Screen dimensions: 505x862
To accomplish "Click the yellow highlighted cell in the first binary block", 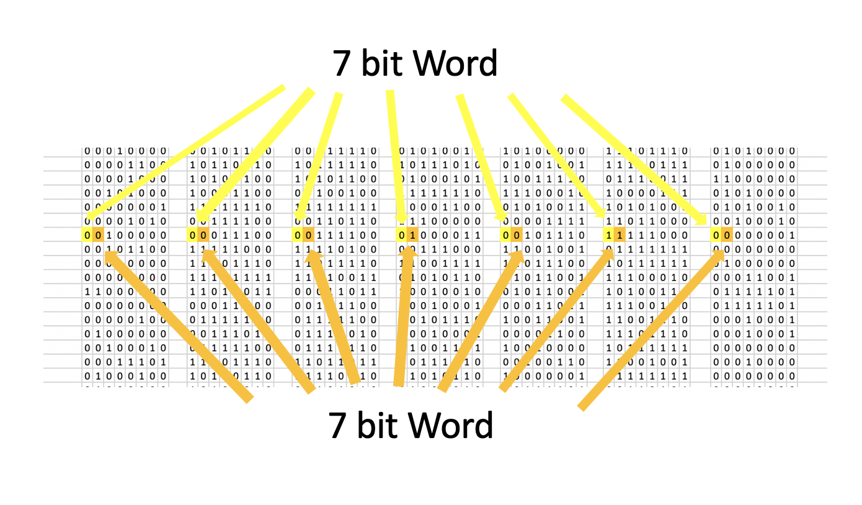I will (87, 235).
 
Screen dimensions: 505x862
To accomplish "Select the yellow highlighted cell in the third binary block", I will (298, 235).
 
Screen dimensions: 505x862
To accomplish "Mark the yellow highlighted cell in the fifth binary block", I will (506, 235).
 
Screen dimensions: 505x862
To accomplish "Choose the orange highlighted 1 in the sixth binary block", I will (620, 235).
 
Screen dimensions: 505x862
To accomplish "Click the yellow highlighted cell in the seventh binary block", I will (716, 235).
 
